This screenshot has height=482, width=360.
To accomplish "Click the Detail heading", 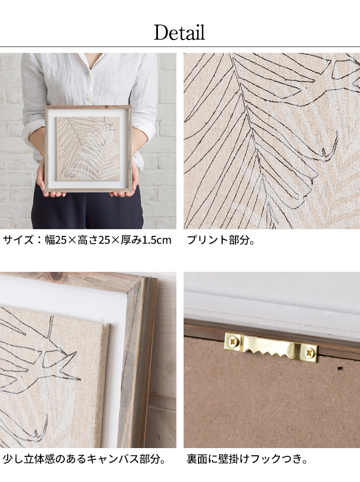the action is pos(179,32).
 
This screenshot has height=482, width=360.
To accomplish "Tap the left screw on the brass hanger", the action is pos(233,341).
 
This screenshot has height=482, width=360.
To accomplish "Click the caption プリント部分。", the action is pos(221,240).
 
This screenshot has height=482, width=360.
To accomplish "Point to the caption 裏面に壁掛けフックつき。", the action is pos(247,459).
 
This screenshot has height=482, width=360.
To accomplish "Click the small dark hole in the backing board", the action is pos(340,368).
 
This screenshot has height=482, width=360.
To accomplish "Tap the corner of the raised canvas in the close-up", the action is pos(106,325).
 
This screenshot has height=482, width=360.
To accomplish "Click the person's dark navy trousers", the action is pos(87,210).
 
